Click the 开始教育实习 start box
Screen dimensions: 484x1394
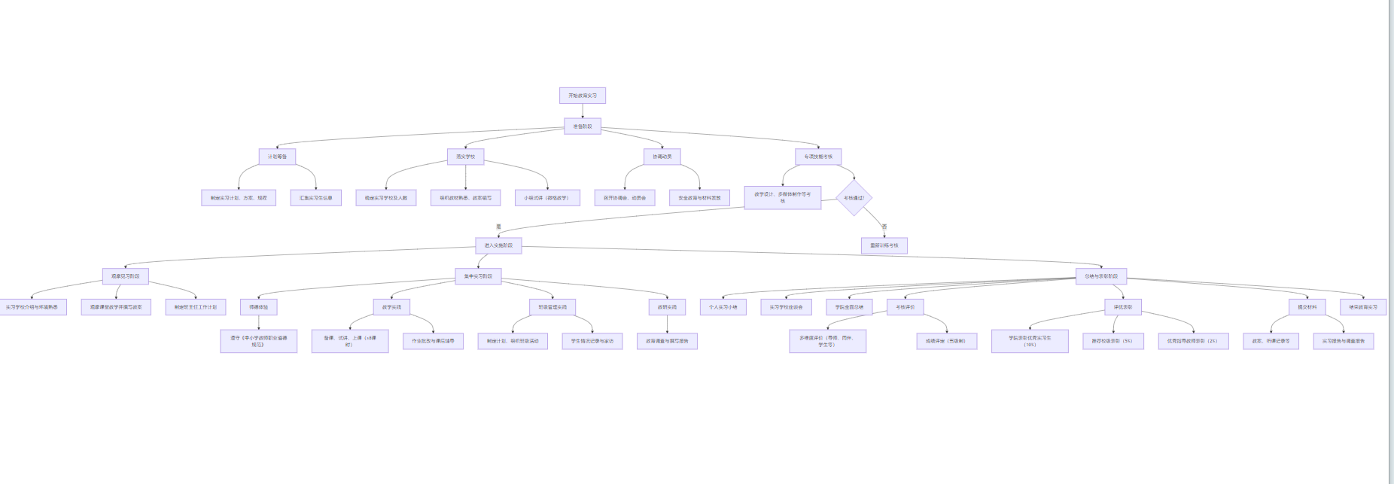(582, 96)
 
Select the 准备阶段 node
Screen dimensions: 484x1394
(582, 126)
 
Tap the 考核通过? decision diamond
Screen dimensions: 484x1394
(854, 198)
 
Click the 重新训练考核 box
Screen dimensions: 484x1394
(884, 245)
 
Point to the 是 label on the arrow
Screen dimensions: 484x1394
(498, 226)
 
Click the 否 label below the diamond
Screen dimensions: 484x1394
(884, 226)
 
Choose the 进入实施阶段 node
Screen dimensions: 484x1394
(498, 245)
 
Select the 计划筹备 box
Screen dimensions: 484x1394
(277, 157)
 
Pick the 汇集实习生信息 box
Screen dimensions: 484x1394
(315, 198)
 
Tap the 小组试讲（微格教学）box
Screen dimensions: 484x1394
(546, 198)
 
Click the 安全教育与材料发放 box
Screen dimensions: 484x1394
(699, 198)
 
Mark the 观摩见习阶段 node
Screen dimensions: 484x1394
(126, 276)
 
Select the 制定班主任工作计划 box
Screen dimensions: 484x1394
(195, 307)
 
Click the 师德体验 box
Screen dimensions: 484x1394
(258, 307)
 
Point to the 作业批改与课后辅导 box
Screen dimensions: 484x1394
(433, 341)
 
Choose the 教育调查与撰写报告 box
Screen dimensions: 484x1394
(667, 341)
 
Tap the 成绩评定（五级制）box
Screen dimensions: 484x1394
(946, 341)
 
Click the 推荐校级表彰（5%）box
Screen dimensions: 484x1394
(1112, 341)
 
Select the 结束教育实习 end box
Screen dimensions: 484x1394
(1362, 307)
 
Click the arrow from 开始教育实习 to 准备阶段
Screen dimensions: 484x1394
(582, 111)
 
